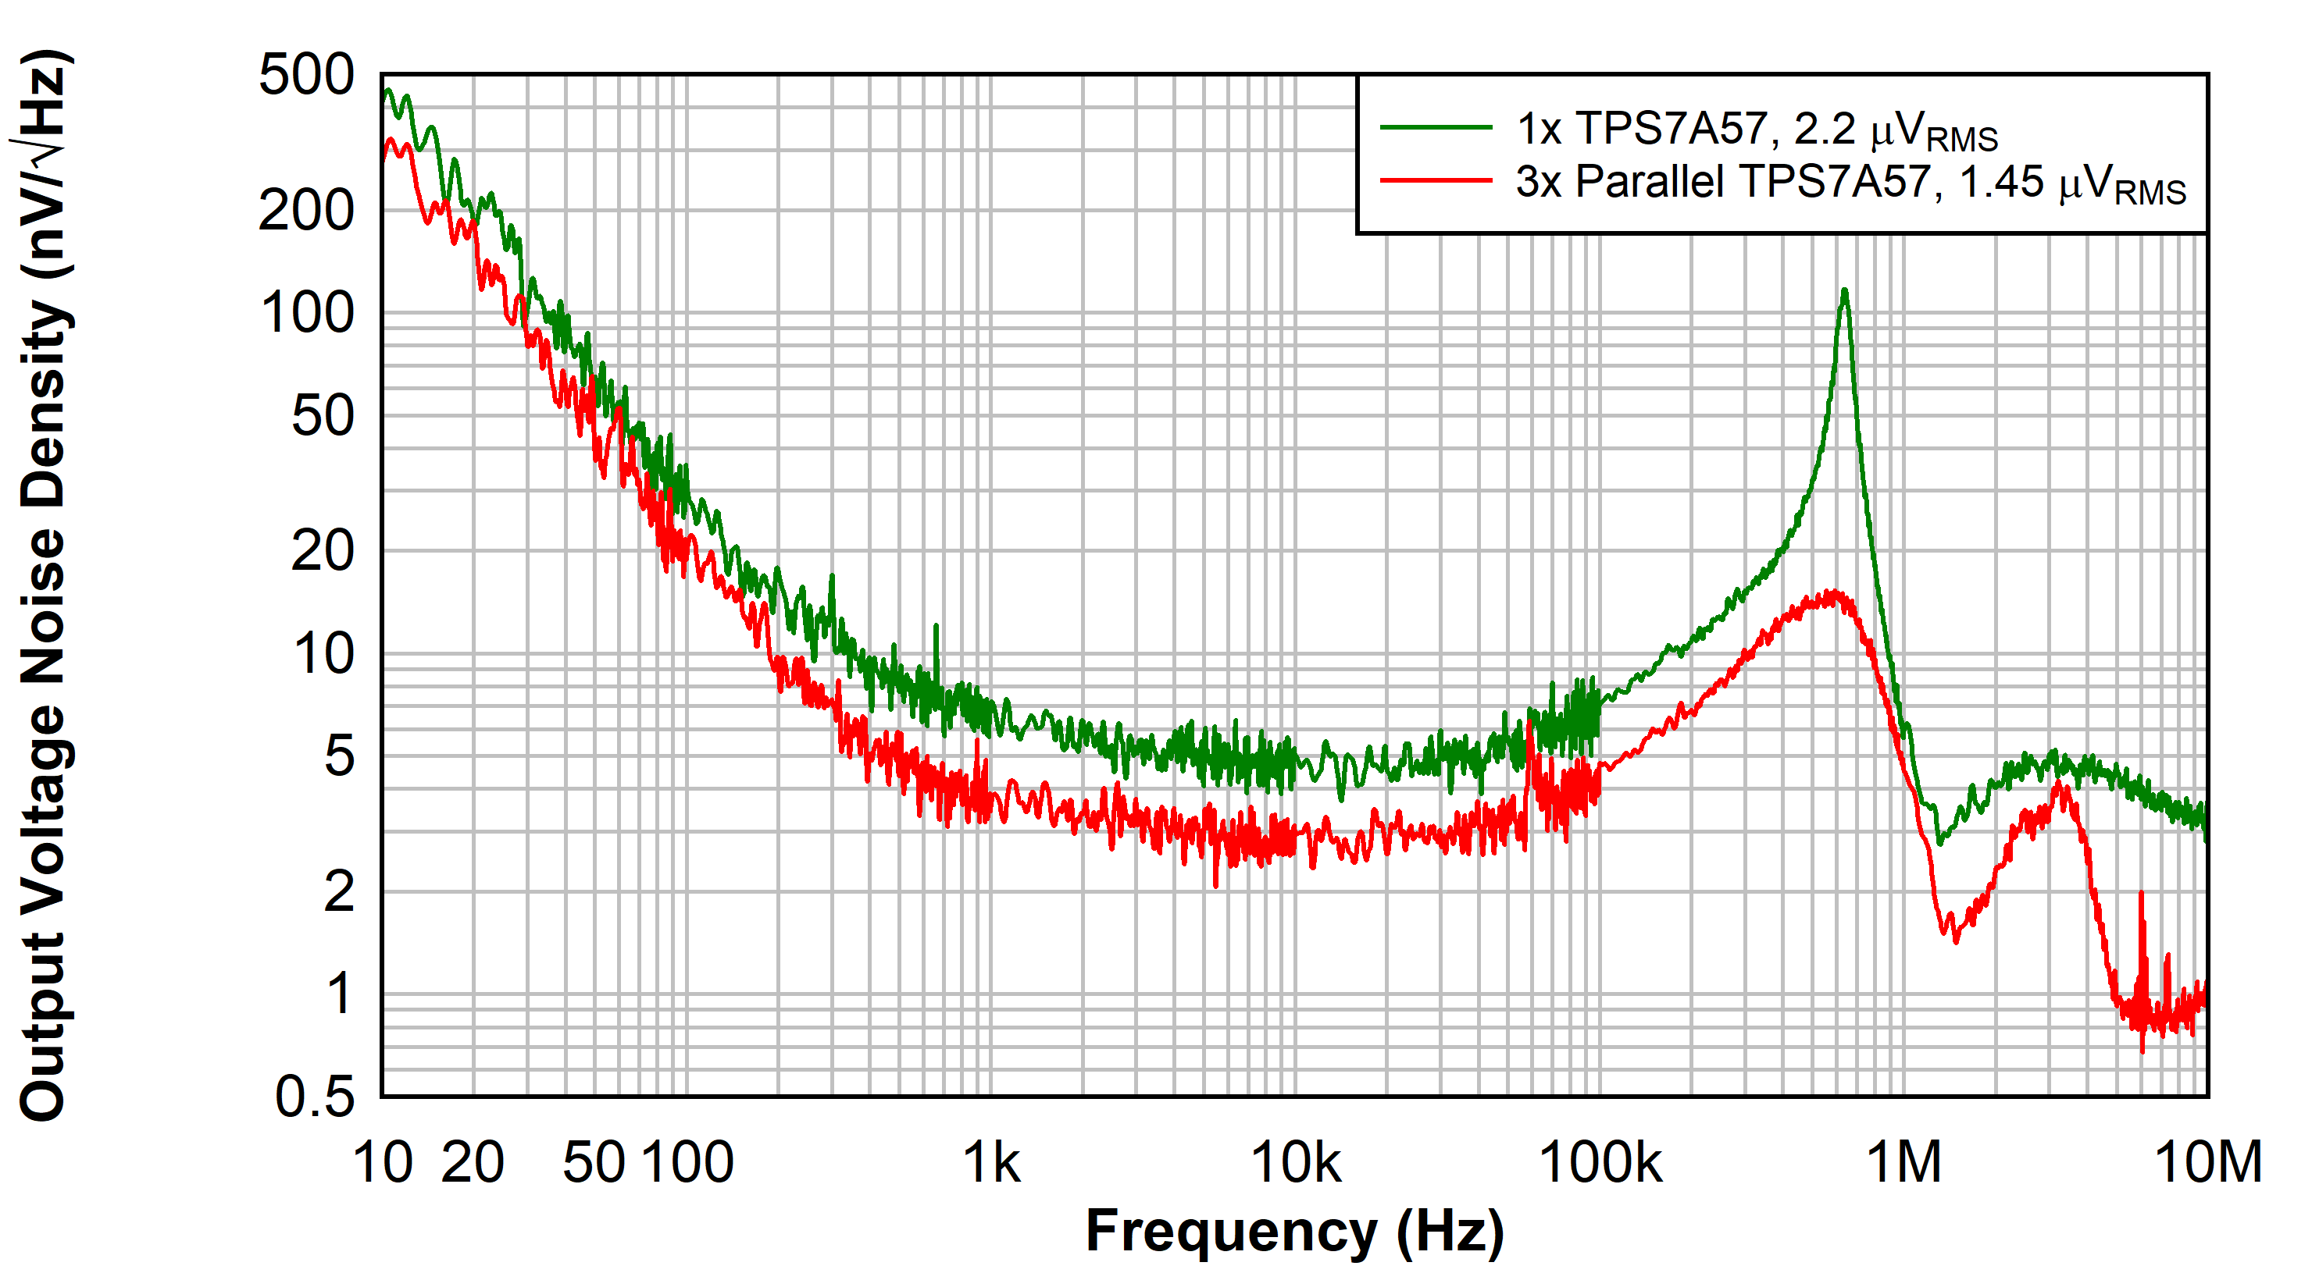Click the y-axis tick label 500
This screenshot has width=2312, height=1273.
point(306,76)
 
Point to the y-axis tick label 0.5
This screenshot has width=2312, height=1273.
point(314,1097)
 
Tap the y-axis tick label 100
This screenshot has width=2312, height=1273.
point(307,314)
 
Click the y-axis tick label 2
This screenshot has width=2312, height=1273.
point(339,893)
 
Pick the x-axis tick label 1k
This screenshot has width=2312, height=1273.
point(991,1163)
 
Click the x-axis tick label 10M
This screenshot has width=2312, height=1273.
point(2208,1163)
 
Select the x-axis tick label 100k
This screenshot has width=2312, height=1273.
point(1600,1163)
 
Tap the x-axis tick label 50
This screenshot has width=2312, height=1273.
point(594,1163)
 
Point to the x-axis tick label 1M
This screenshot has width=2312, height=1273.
point(1903,1163)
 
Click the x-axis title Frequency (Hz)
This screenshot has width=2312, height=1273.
point(1294,1231)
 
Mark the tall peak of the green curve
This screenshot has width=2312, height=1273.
point(1843,292)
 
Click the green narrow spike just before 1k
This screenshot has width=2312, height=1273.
point(936,628)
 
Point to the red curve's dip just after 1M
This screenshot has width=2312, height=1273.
point(1955,937)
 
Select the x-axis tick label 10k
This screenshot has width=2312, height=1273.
point(1295,1163)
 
